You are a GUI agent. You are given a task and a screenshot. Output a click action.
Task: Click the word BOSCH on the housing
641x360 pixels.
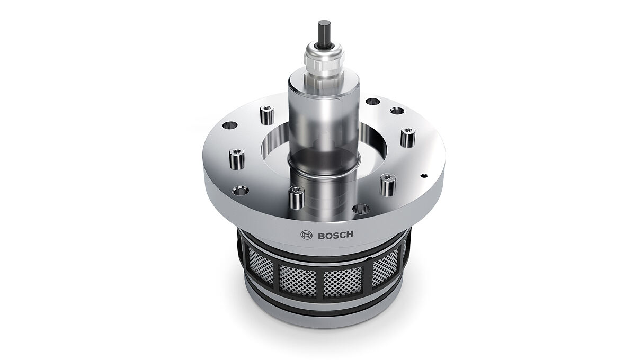[335, 236]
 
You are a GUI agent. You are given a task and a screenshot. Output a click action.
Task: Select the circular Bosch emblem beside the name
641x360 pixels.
[307, 236]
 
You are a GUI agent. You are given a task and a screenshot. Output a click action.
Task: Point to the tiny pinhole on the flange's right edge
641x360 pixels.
[424, 175]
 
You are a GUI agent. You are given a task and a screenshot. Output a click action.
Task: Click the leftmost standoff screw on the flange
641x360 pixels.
[237, 159]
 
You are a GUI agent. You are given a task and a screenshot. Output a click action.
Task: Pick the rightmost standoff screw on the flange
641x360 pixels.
[408, 137]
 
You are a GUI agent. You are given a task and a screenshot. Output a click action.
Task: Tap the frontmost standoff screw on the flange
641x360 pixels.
[296, 197]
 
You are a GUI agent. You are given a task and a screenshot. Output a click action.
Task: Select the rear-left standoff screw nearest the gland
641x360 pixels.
[267, 115]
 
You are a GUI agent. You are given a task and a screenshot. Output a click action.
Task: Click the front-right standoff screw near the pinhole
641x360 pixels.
[388, 185]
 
